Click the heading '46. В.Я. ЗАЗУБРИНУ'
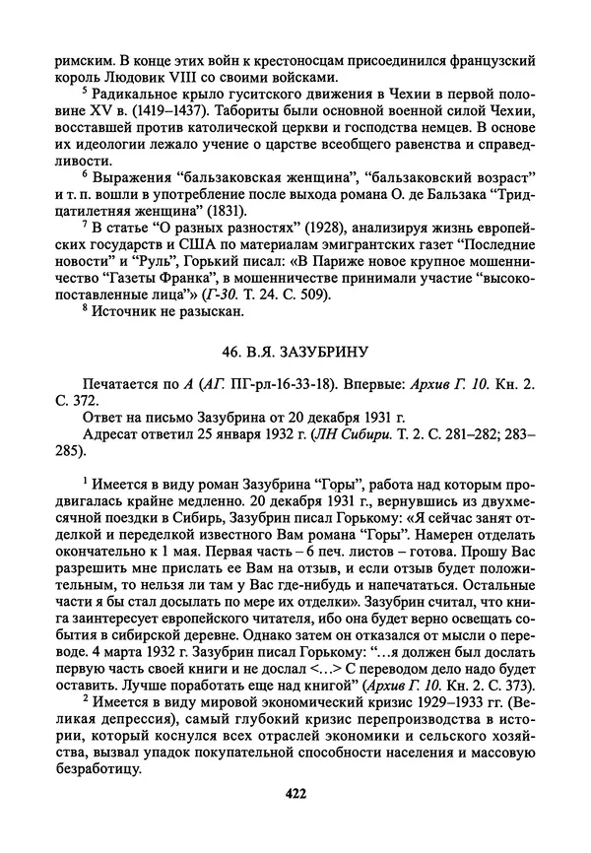(296, 350)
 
